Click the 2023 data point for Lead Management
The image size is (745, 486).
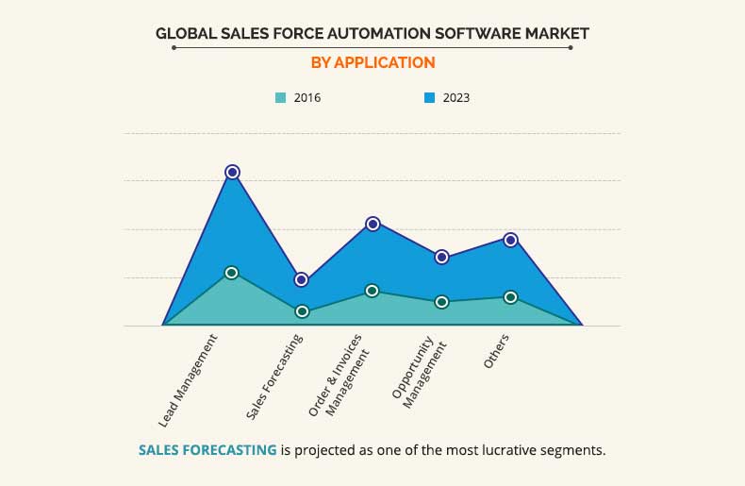tap(232, 172)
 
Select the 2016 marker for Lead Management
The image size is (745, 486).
tap(232, 273)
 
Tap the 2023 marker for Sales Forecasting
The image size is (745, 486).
tap(302, 279)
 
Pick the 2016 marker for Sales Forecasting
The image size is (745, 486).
tap(302, 311)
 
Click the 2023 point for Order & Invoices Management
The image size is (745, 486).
tap(372, 224)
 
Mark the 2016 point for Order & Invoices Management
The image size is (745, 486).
tap(372, 291)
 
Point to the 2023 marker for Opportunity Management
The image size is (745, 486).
tap(441, 257)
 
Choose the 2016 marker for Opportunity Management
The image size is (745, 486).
tap(441, 302)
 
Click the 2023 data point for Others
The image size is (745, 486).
tap(511, 240)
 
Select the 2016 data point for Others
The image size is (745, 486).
tap(511, 297)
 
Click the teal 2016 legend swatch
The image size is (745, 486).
tap(280, 97)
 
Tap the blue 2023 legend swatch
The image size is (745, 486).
tap(429, 97)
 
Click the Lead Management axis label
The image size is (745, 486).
tap(189, 379)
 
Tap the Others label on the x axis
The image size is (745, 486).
tap(496, 351)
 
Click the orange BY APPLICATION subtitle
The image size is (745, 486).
tap(372, 62)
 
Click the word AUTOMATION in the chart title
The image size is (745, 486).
tap(356, 33)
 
